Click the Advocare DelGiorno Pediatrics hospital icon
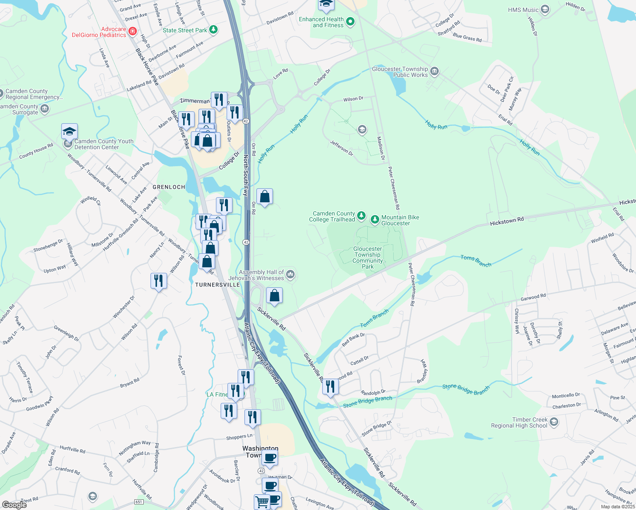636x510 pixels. [133, 31]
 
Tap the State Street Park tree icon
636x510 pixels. [213, 30]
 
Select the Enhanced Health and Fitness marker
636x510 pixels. [350, 22]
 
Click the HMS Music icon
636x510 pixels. [545, 9]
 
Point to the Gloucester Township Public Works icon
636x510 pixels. [434, 71]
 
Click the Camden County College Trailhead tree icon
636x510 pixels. [361, 216]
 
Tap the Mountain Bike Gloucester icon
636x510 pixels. [375, 219]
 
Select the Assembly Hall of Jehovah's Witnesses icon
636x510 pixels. [290, 274]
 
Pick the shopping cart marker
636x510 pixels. [262, 501]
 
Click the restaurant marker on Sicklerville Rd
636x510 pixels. [330, 386]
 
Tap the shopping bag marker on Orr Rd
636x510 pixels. [264, 197]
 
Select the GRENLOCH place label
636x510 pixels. [169, 187]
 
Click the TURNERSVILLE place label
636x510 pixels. [217, 285]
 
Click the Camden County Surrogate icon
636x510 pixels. [44, 109]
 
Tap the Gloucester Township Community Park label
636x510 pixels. [367, 258]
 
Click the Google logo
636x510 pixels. [14, 504]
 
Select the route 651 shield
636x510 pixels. [139, 502]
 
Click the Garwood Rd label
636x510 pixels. [533, 297]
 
